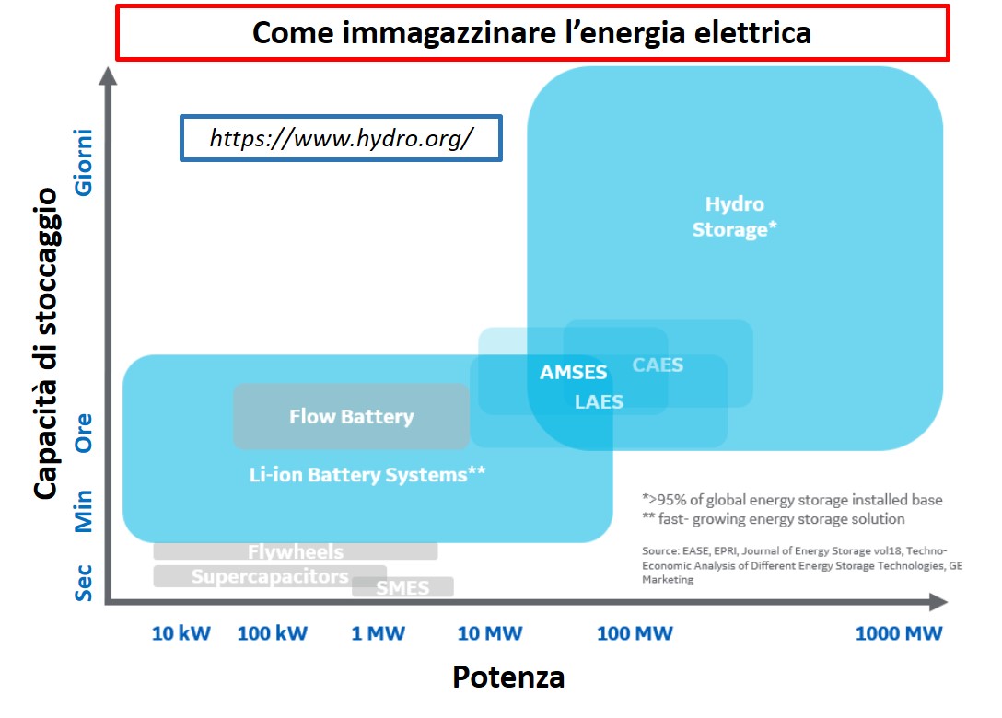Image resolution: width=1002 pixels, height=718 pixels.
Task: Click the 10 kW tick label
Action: pos(181,633)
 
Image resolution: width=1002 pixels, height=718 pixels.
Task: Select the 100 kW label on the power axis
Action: pos(273,633)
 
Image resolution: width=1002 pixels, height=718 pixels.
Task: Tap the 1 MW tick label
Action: pos(378,633)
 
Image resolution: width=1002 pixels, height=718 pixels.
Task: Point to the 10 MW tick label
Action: pos(490,633)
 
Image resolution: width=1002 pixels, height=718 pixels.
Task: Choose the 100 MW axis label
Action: pos(635,633)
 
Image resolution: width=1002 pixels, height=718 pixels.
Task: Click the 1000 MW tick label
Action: pos(899,633)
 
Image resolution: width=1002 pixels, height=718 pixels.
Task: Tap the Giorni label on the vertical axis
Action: pos(84,162)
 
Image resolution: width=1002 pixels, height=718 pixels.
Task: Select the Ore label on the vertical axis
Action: pos(84,433)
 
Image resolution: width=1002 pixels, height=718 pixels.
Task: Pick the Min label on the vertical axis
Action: pos(84,511)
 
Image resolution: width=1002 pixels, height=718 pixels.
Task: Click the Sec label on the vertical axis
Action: pos(84,583)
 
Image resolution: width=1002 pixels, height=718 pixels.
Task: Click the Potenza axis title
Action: pos(508,677)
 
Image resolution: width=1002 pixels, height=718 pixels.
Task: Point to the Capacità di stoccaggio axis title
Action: pos(46,343)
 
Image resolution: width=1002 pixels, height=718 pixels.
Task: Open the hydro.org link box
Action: pos(342,138)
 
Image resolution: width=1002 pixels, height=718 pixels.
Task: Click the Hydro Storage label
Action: pos(734,216)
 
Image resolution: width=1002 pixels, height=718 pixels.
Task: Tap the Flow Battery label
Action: pos(352,416)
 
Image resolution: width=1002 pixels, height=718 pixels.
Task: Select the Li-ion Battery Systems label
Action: pos(367,475)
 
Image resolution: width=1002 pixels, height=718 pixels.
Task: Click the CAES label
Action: pos(658,365)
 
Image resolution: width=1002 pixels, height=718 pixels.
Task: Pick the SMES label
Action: pos(402,587)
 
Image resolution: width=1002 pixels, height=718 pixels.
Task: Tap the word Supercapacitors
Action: pos(270,576)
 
